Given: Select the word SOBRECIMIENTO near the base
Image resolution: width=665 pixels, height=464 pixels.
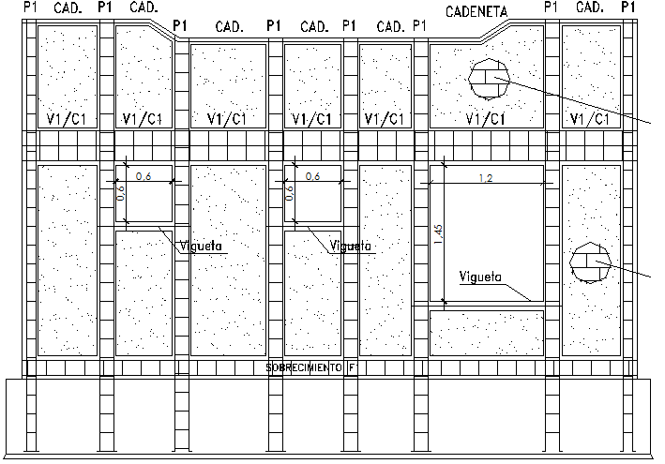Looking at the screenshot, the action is pos(303,368).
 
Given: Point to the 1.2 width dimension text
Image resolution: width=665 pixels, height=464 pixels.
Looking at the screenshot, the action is pos(485,177).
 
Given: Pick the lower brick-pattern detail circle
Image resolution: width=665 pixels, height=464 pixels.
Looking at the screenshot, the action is pos(590,262).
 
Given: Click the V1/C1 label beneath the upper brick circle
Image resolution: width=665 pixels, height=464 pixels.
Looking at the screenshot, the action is pos(486,119).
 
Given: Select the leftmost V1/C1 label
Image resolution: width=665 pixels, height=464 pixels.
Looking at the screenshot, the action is pos(67,119).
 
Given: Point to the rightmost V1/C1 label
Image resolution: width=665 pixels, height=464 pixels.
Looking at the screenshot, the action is pos(590,119).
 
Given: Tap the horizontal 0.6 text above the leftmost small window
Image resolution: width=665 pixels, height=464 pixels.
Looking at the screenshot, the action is pos(144,176).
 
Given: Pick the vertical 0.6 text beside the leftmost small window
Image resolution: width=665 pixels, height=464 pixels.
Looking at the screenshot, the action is pos(120,192).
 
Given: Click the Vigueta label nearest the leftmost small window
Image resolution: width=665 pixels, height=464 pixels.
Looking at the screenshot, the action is pos(199,246).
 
